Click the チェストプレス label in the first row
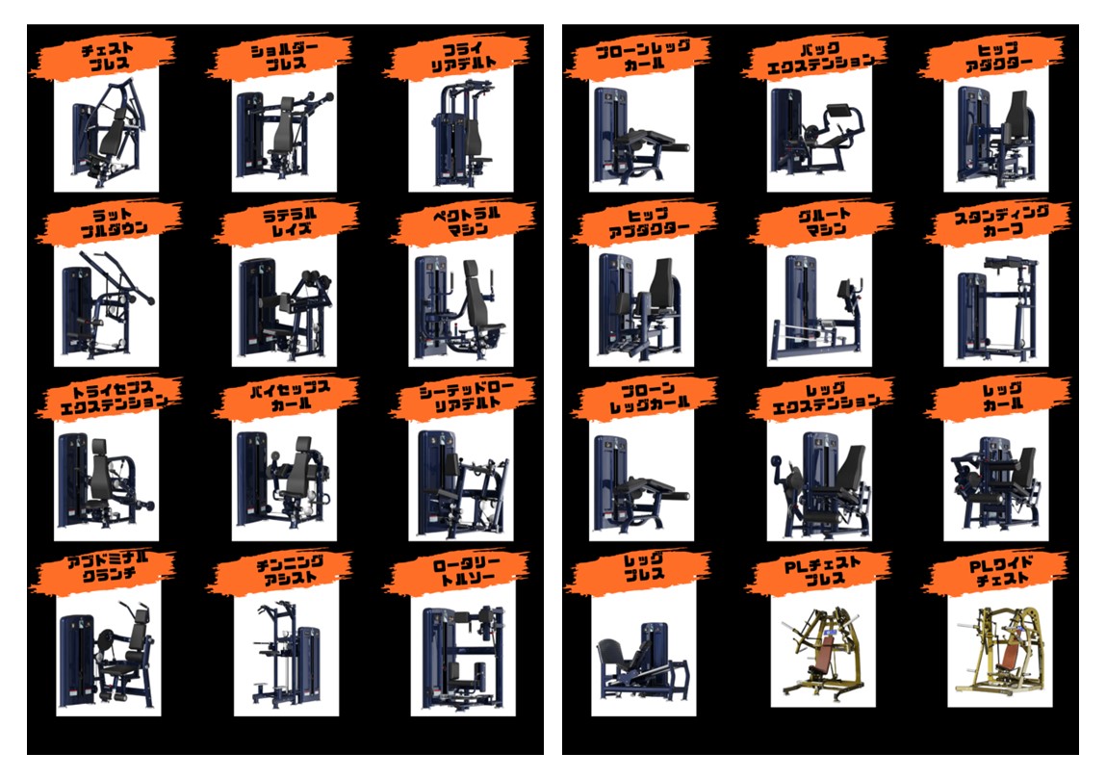(x=107, y=57)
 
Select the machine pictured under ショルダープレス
(x=284, y=134)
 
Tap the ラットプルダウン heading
(x=113, y=221)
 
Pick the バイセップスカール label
(x=290, y=396)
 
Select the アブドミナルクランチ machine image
(x=108, y=654)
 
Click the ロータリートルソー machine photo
(x=463, y=656)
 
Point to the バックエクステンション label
(x=820, y=57)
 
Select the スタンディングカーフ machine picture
(x=996, y=307)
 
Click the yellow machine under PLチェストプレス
(x=822, y=651)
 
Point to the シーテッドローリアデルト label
(x=467, y=396)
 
